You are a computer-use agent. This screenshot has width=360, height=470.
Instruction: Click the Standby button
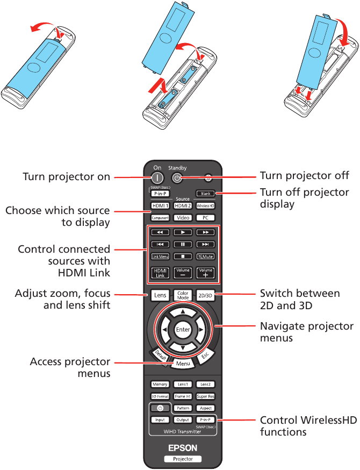pyautogui.click(x=177, y=176)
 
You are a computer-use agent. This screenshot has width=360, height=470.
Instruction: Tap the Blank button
pyautogui.click(x=205, y=194)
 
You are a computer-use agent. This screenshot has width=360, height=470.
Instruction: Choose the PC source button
pyautogui.click(x=205, y=218)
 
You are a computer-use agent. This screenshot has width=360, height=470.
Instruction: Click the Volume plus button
pyautogui.click(x=205, y=273)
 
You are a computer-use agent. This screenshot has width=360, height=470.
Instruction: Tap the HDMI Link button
pyautogui.click(x=160, y=273)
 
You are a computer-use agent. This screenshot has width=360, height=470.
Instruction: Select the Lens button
pyautogui.click(x=160, y=295)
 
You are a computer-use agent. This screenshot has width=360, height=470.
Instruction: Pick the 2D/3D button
pyautogui.click(x=205, y=295)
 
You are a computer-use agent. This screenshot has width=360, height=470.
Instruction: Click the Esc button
pyautogui.click(x=204, y=355)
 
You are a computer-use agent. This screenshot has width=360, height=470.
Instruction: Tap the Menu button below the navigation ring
pyautogui.click(x=183, y=364)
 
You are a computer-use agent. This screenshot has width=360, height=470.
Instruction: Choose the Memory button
pyautogui.click(x=160, y=384)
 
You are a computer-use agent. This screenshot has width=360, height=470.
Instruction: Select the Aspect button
pyautogui.click(x=205, y=408)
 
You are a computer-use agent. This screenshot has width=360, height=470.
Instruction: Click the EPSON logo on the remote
pyautogui.click(x=183, y=447)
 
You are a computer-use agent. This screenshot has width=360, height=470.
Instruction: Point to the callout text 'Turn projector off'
pyautogui.click(x=304, y=176)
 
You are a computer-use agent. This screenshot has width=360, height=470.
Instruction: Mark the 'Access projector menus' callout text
pyautogui.click(x=70, y=367)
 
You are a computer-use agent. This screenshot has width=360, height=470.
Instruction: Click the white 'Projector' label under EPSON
pyautogui.click(x=183, y=459)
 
